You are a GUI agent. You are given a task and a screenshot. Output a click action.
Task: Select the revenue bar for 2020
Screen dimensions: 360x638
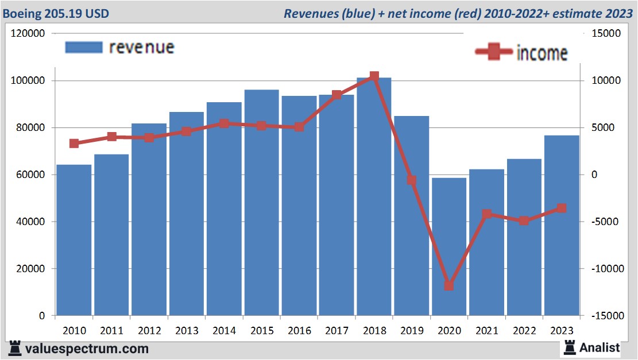[x=449, y=247]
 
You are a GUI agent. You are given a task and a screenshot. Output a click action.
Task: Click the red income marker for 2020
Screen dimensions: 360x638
[x=449, y=285]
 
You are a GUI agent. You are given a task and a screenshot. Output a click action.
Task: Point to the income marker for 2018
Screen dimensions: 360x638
[x=374, y=76]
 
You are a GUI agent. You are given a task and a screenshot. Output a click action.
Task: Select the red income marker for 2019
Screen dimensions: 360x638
[x=411, y=180]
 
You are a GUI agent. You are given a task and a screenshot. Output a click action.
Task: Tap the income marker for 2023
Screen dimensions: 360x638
[x=562, y=208]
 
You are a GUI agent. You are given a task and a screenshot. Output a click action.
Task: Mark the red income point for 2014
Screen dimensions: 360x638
[x=224, y=123]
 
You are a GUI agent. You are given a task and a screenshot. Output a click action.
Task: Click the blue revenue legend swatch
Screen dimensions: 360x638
[x=84, y=47]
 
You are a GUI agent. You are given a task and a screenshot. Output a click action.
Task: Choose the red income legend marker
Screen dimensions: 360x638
[x=493, y=52]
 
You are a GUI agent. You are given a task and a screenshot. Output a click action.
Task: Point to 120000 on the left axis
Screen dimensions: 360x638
[x=29, y=34]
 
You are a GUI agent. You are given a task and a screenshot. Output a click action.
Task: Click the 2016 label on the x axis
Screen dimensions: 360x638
[x=299, y=331]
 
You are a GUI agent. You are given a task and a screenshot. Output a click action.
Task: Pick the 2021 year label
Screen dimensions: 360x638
[x=486, y=331]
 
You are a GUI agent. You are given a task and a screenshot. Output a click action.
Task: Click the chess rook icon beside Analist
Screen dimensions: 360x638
[x=570, y=347]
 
